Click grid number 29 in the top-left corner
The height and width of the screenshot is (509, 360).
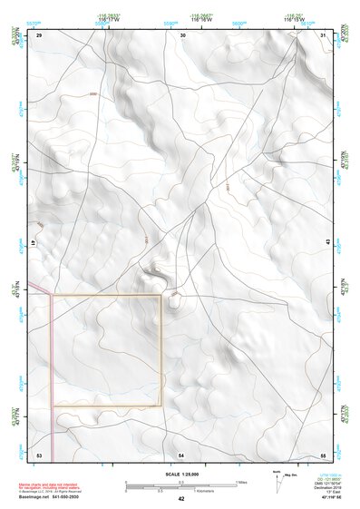point(40,35)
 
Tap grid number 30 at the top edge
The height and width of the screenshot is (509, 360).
point(183,35)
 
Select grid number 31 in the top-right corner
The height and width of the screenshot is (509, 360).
point(323,35)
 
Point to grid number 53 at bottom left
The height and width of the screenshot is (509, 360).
point(40,453)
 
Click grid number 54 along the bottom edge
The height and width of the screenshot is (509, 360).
point(181,453)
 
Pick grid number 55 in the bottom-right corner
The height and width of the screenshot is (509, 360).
point(323,453)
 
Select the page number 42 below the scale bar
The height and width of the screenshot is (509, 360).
point(181,499)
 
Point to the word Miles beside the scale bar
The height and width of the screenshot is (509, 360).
point(240,481)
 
